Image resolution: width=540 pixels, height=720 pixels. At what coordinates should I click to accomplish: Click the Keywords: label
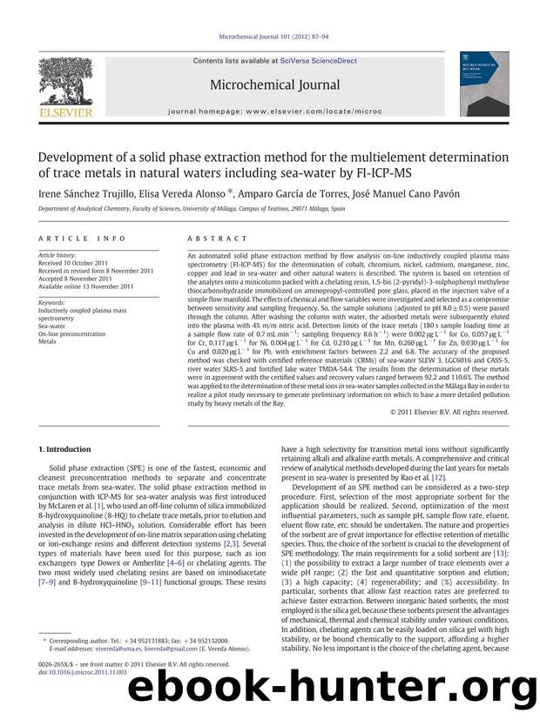pos(57,303)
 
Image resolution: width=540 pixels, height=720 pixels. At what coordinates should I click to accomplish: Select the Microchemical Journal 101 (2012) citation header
pos(270,37)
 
